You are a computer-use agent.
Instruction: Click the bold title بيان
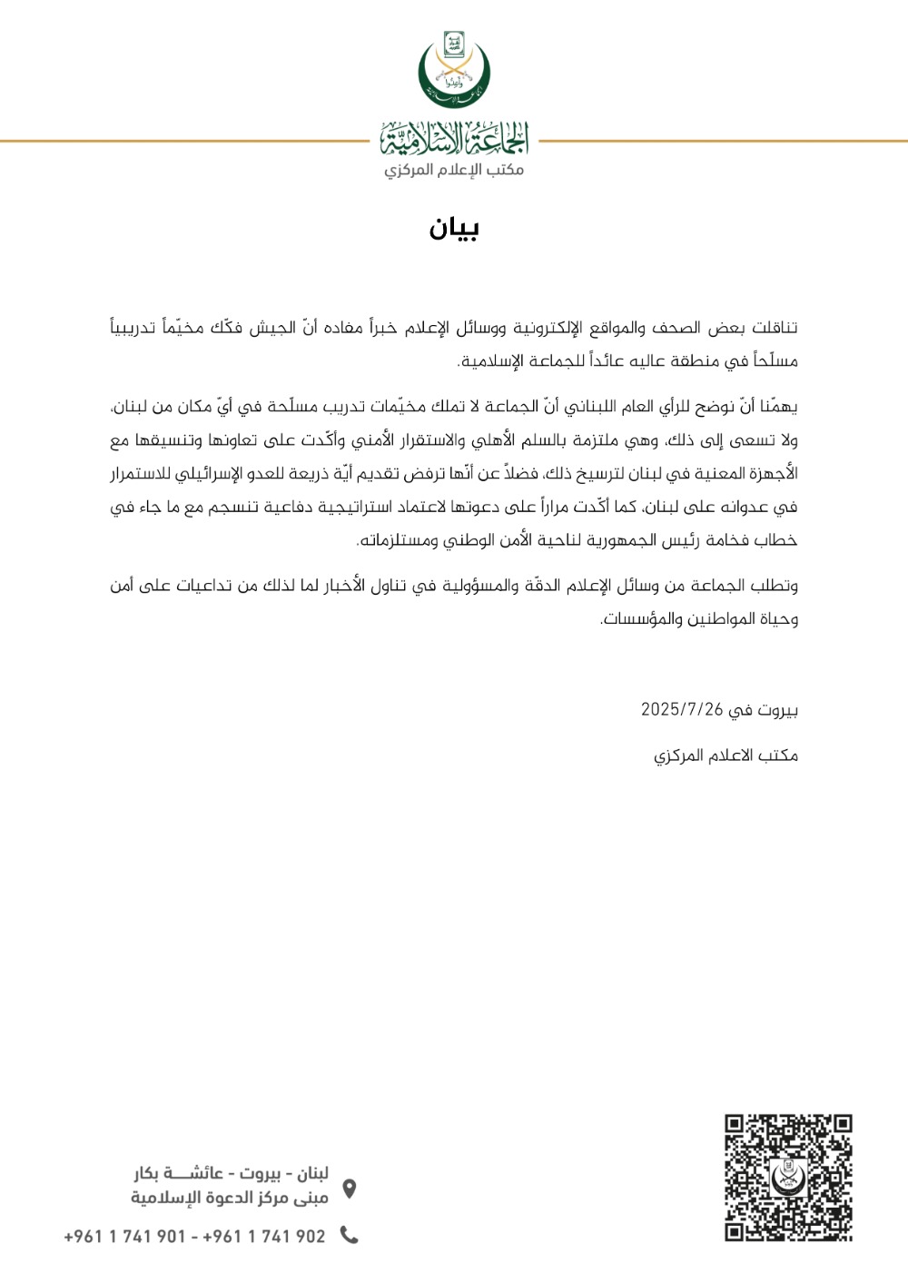pos(454,228)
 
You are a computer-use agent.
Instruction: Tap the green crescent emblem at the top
pos(454,70)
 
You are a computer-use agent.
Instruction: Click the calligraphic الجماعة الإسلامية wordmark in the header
pos(454,139)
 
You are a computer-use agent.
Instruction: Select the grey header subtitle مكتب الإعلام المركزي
pos(454,170)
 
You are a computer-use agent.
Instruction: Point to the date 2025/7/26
pos(682,709)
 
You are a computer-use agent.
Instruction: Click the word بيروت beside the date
pos(777,709)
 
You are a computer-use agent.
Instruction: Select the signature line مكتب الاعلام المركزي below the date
pos(725,755)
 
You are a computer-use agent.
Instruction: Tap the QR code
pos(788,1177)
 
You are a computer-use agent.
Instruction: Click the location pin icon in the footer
pos(349,1188)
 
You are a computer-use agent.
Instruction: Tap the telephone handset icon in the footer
pos(349,1235)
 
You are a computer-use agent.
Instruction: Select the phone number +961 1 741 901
pos(124,1236)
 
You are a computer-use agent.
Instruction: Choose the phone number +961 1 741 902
pos(263,1236)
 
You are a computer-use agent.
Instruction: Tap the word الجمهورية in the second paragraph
pos(620,540)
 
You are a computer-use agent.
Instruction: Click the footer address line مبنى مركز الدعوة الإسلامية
pos(230,1198)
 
